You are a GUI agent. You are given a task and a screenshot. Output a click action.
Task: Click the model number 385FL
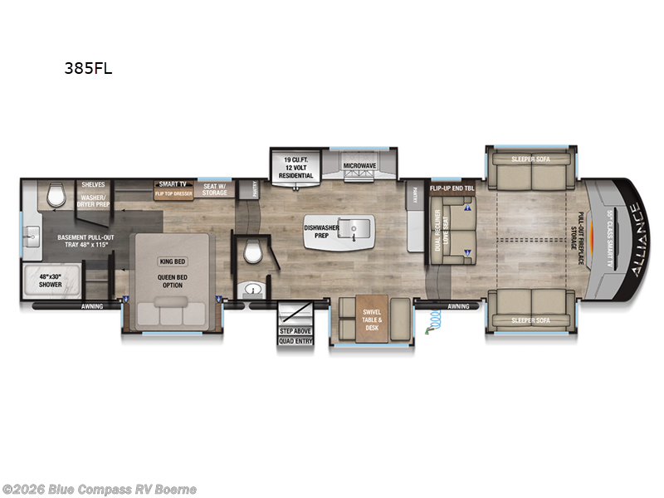pos(88,69)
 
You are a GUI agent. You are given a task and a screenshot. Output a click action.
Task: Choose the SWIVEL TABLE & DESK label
pos(371,320)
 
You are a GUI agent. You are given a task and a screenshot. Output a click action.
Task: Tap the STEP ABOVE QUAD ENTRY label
pos(296,334)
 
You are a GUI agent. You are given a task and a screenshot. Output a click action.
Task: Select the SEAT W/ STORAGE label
pos(215,189)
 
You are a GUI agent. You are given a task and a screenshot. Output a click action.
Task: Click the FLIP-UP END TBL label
pos(452,188)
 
